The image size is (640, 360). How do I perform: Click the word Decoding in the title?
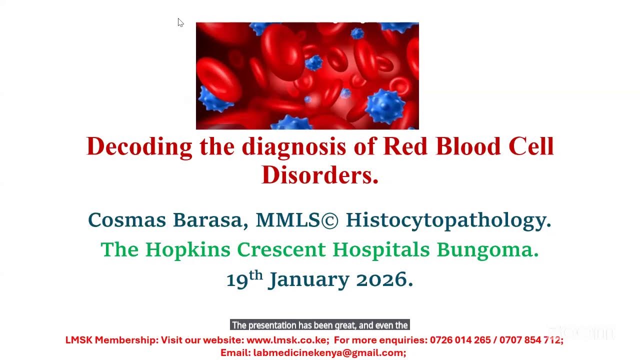coord(139,147)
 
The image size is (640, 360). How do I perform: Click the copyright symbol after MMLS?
coord(329,220)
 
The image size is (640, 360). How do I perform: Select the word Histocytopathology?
coord(448,220)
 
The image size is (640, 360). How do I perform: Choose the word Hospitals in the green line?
coord(381,249)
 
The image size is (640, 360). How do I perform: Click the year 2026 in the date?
coord(384,279)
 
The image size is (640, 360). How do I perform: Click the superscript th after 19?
coord(256,274)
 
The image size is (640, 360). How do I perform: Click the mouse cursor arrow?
coord(180,22)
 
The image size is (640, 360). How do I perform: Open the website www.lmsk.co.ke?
coord(287,340)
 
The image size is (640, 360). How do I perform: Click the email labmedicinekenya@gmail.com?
coord(329,352)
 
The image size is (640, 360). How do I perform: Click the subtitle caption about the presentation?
coord(320,325)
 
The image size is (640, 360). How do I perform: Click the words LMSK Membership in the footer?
coord(111,340)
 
